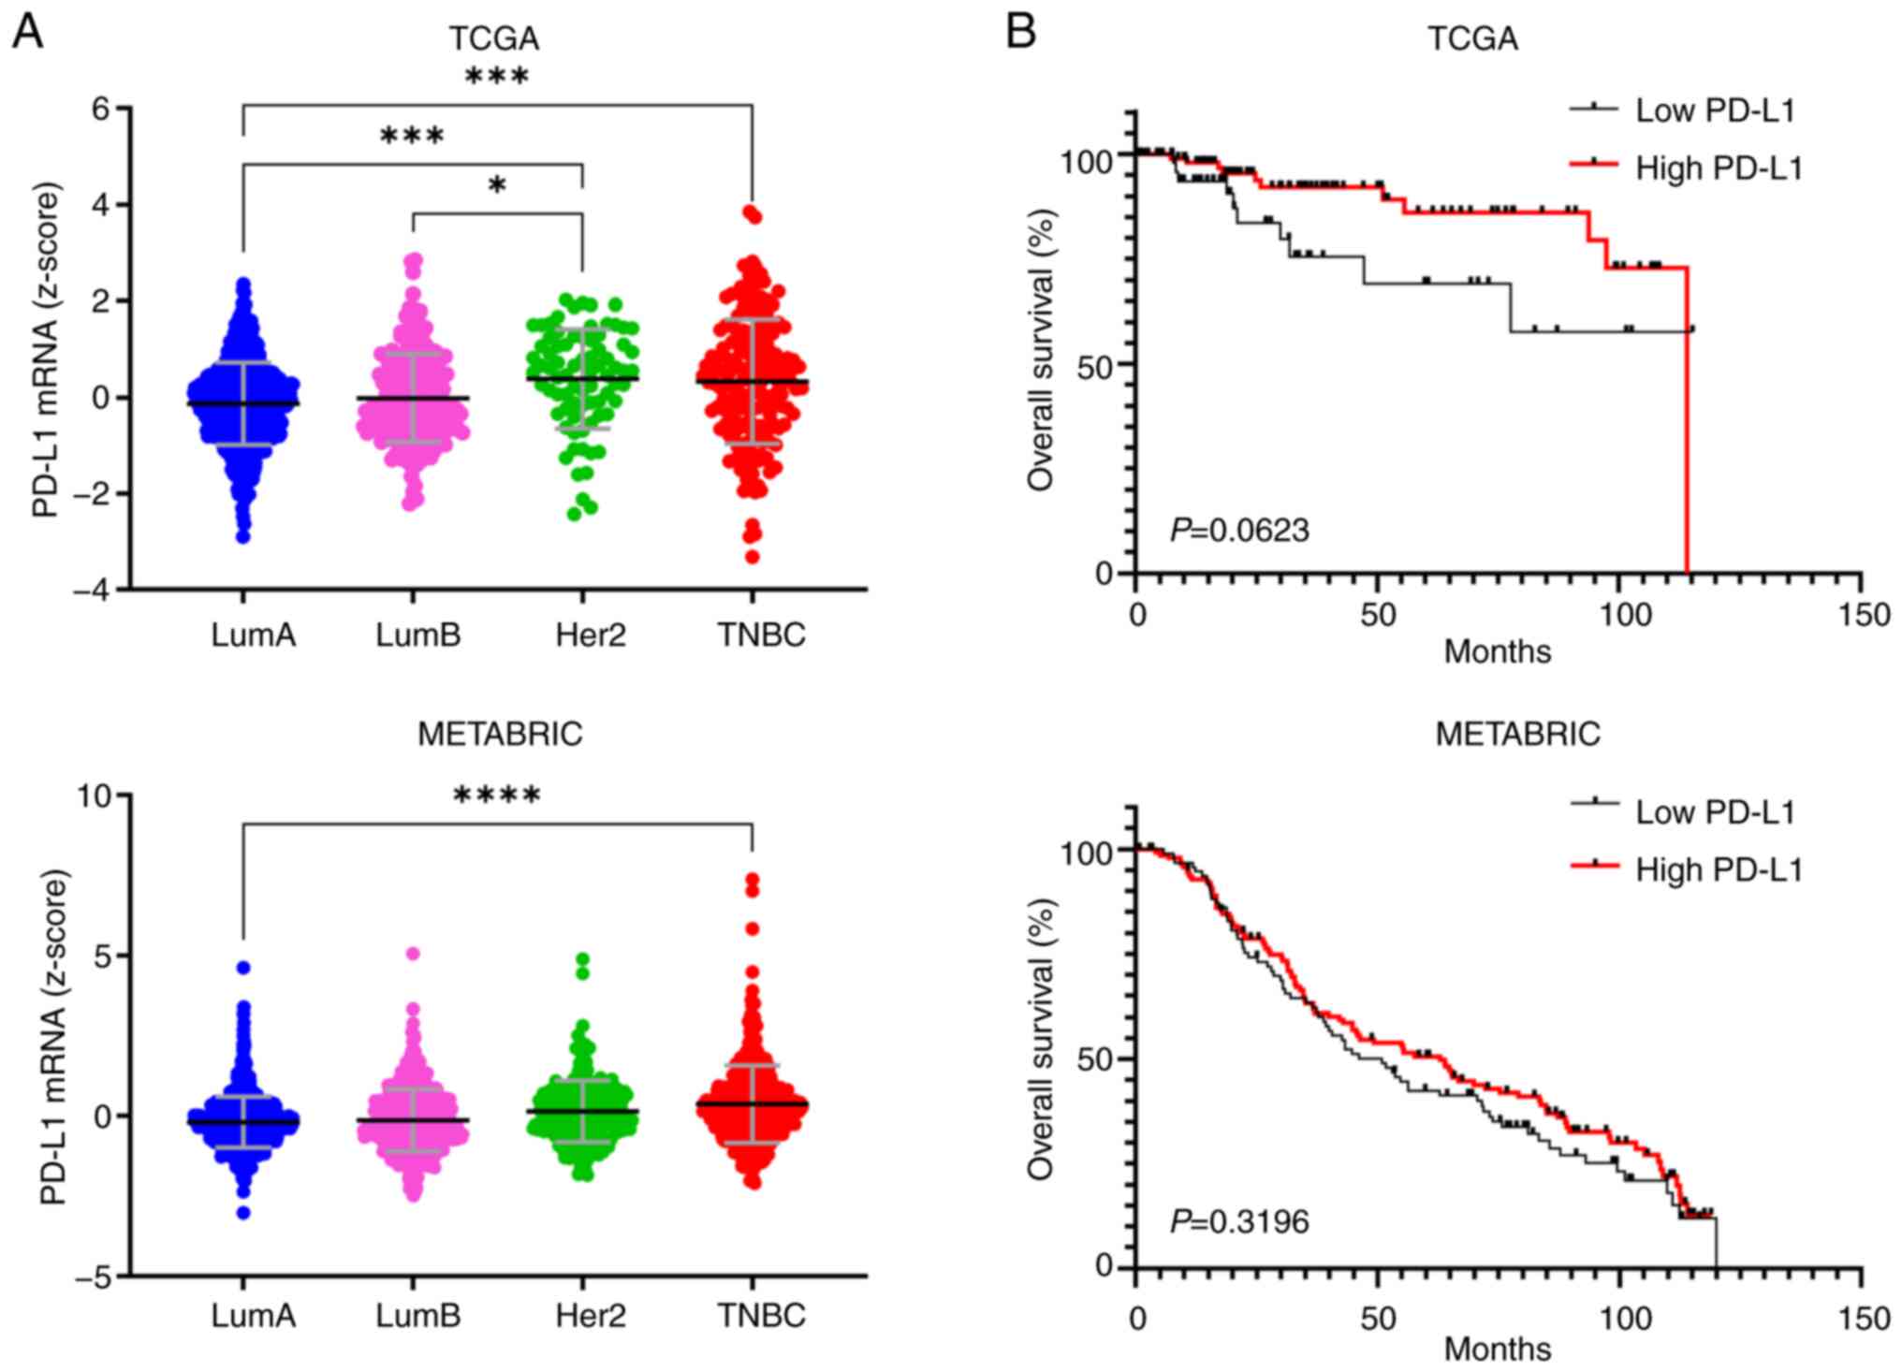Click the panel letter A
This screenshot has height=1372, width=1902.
click(28, 34)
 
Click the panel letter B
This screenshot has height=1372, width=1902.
click(1021, 34)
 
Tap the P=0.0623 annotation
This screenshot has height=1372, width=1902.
click(1239, 531)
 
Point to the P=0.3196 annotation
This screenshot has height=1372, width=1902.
click(1239, 1221)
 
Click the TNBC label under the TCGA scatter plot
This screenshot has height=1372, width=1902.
click(761, 635)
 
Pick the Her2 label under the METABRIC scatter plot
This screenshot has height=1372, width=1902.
click(590, 1316)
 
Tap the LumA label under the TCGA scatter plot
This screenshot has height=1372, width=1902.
click(253, 635)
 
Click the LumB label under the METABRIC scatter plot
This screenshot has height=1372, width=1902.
click(418, 1316)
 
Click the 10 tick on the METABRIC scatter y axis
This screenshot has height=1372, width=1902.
click(94, 796)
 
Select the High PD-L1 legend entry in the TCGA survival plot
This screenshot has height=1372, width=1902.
click(1718, 168)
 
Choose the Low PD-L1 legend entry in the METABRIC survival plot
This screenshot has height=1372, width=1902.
click(1714, 812)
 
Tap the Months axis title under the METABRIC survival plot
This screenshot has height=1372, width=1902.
click(1497, 1349)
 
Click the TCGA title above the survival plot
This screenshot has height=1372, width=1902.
click(1472, 38)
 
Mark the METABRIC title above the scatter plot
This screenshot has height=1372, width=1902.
click(500, 735)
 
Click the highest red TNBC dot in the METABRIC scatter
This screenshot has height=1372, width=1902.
click(753, 880)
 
